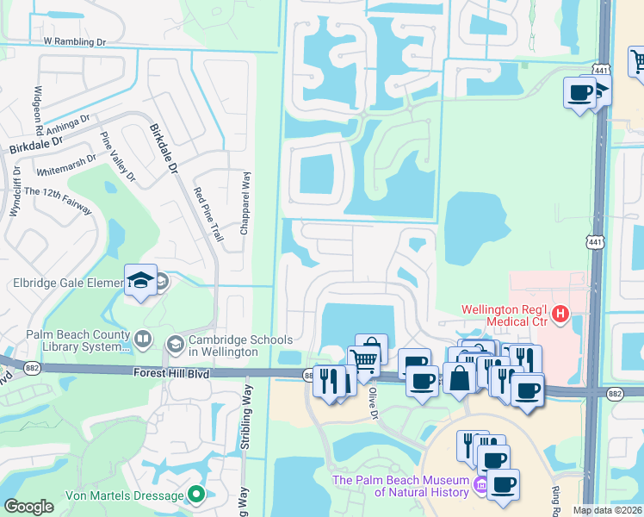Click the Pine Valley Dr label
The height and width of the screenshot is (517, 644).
(x=118, y=158)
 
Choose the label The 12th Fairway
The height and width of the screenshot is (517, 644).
(x=58, y=202)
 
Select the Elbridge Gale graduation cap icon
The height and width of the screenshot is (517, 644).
(x=140, y=279)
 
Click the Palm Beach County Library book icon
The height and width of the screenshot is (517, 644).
(x=142, y=340)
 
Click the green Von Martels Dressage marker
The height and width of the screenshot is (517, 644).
(x=196, y=495)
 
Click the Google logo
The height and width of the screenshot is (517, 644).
(x=29, y=507)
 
